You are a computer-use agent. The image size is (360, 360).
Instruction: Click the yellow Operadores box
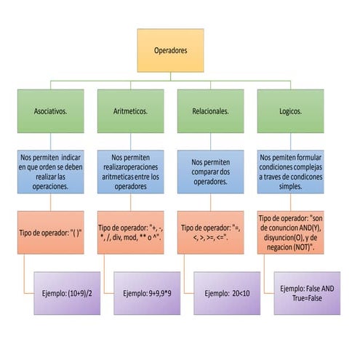pos(170,50)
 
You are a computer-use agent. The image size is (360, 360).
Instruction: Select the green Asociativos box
pos(50,111)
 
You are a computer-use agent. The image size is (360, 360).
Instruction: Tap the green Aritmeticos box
pos(130,111)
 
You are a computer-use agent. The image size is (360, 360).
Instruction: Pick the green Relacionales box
pos(210,111)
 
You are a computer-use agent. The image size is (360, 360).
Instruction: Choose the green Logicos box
pos(290,111)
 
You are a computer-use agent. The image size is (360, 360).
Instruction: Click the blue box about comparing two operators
pos(210,172)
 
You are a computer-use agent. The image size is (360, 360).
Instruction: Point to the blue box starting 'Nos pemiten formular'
pos(290,172)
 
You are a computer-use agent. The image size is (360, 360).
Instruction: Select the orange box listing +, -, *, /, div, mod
pos(130,233)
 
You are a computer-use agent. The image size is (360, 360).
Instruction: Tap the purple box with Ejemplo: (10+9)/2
pos(67,293)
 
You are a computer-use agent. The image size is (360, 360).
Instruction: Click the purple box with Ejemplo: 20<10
pos(227,293)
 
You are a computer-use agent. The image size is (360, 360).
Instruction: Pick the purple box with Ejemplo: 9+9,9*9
pos(147,293)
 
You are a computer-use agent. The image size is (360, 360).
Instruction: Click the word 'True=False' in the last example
pos(307,298)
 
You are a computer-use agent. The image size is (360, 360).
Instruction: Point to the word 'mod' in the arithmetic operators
pos(130,237)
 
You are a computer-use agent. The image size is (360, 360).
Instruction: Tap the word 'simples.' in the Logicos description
pos(290,186)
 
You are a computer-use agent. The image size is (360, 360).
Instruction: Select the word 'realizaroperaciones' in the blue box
pos(130,167)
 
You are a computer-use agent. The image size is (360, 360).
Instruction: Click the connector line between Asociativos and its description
pos(50,141)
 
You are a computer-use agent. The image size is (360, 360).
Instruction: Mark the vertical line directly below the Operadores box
pos(170,76)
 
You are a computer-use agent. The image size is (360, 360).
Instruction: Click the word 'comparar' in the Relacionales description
pos(210,172)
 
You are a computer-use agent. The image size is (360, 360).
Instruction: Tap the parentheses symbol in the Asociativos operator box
pos(77,233)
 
